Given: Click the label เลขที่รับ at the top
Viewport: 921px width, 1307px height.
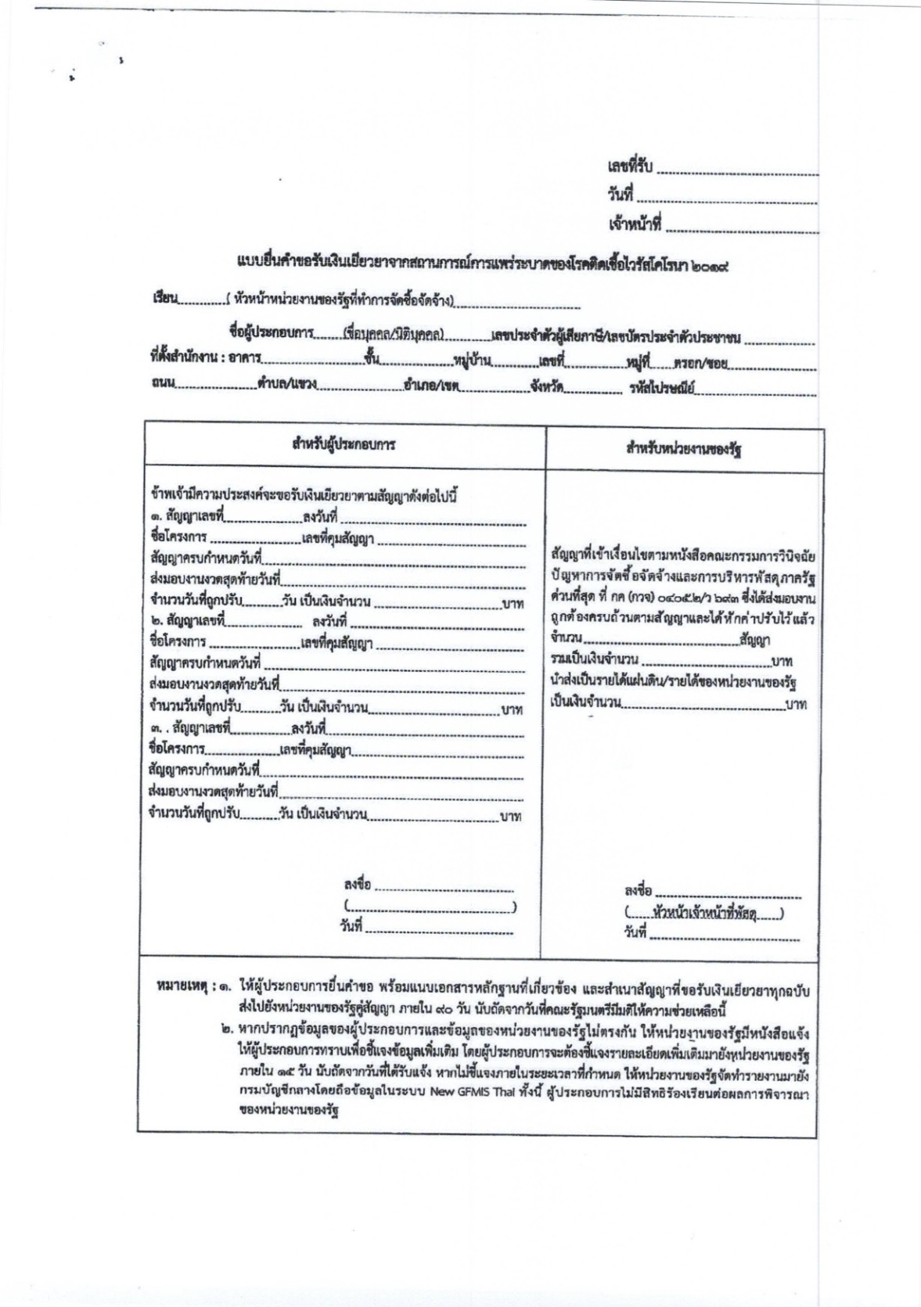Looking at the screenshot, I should tap(630, 166).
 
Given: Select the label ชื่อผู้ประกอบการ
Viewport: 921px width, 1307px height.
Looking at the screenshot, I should tap(271, 336).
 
